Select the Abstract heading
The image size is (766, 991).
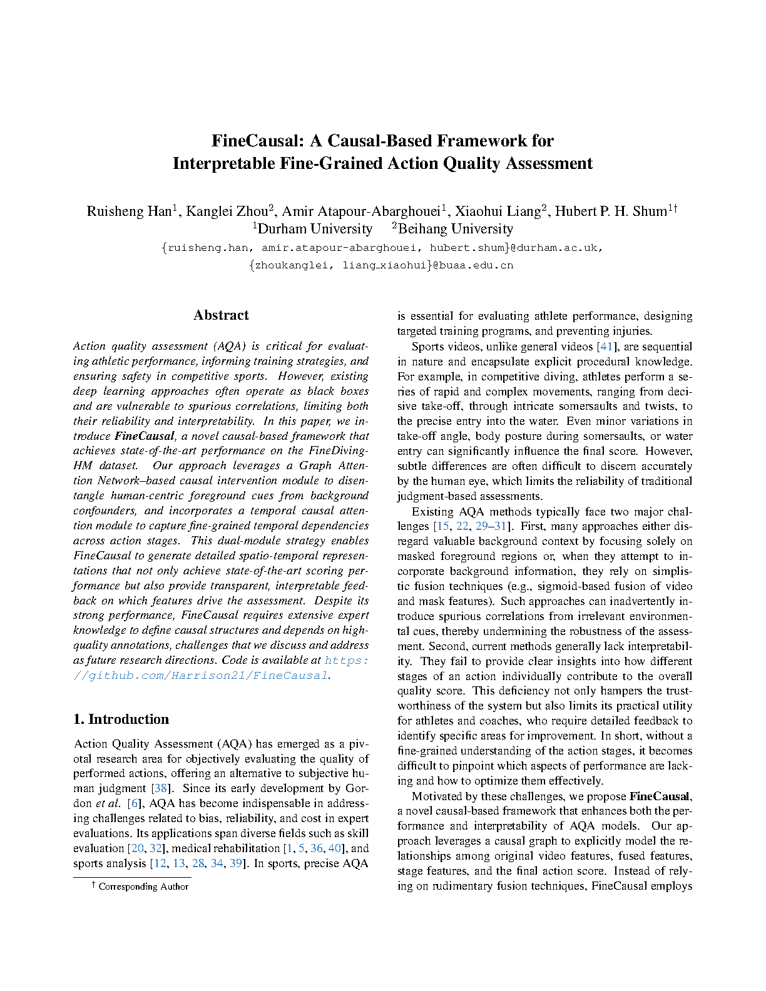pos(221,315)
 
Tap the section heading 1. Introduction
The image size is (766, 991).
pos(121,719)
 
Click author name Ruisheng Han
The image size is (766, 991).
pos(130,211)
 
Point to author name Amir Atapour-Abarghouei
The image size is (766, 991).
pos(361,211)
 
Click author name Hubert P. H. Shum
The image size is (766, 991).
pos(610,211)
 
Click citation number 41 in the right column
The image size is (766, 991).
pos(606,347)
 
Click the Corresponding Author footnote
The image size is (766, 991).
pos(143,887)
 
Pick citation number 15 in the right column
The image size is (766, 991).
pos(442,527)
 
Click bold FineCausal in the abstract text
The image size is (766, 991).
pos(145,436)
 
